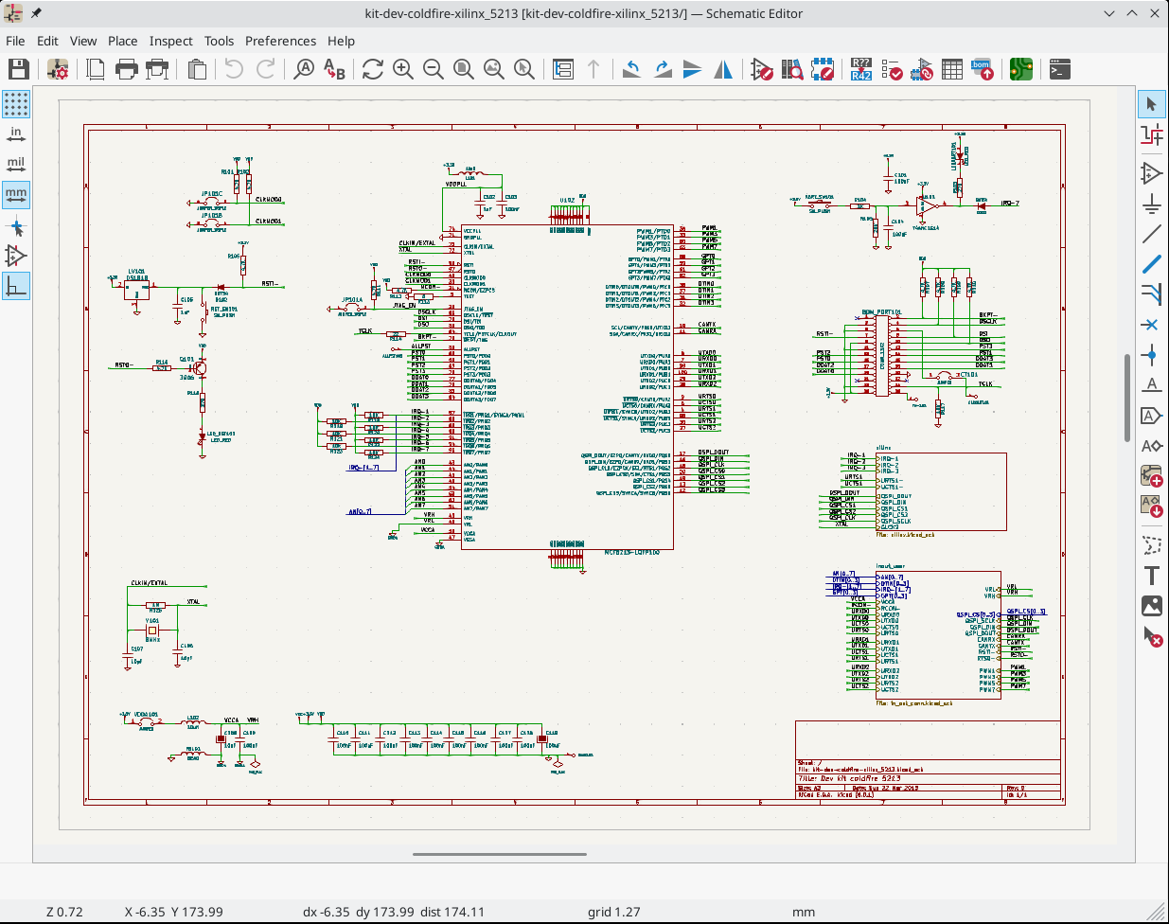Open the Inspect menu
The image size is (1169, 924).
click(x=170, y=41)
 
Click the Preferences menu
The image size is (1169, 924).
click(x=280, y=41)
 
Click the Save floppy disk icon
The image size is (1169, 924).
click(x=19, y=69)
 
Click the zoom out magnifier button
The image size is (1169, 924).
click(x=434, y=69)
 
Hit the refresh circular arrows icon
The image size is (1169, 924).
click(x=372, y=69)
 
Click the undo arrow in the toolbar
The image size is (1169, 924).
click(x=234, y=69)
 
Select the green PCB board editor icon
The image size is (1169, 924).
click(x=1020, y=69)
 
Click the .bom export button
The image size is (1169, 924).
click(x=982, y=69)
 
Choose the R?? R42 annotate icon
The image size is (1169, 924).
click(x=860, y=69)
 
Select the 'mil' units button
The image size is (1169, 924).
click(x=16, y=164)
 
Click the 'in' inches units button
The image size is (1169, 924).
click(x=16, y=133)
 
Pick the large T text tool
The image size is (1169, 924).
click(x=1151, y=576)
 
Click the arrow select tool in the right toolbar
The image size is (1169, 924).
click(x=1151, y=104)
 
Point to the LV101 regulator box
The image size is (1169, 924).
click(x=136, y=289)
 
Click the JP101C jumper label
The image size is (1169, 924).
click(x=212, y=194)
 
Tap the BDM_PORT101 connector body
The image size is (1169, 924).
click(x=881, y=355)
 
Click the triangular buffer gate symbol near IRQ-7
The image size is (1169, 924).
click(x=930, y=204)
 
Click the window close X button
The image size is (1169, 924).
click(x=1154, y=13)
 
